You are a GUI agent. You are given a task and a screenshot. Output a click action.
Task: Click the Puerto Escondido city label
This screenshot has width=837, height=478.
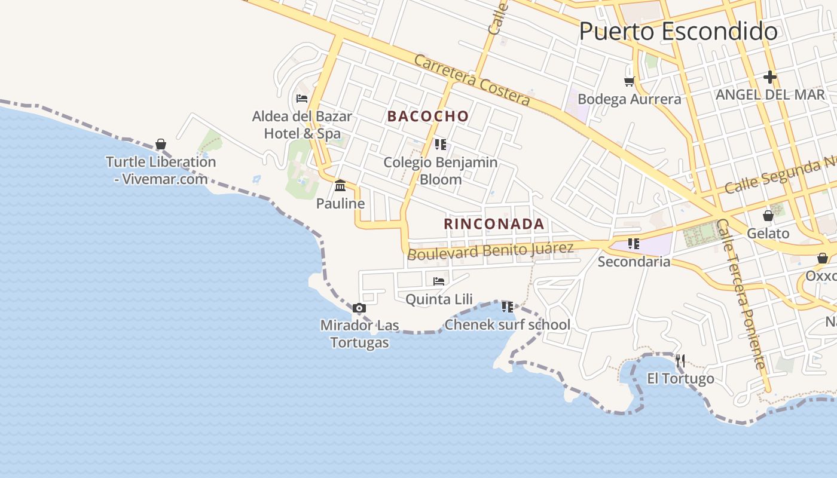pos(678,31)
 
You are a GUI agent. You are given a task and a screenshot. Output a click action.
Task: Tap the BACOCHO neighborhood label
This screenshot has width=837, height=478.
pos(428,116)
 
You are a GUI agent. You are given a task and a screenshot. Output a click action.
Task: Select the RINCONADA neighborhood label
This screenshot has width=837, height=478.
pos(494,224)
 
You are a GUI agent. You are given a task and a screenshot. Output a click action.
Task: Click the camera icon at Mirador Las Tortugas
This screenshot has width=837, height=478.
pos(359,308)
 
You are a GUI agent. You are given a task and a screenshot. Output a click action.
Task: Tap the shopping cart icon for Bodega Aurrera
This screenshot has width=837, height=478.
pos(629,81)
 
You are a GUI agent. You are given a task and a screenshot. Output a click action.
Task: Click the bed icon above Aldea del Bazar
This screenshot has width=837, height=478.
pos(302,98)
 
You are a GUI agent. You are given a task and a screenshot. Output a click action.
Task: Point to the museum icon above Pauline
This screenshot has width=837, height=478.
pos(340,185)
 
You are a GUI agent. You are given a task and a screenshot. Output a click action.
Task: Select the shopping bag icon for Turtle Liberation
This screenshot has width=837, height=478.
pos(160,144)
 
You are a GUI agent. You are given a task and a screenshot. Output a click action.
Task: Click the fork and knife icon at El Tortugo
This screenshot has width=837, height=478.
pos(680,360)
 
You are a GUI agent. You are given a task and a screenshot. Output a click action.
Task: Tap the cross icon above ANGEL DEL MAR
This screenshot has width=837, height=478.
pos(770,76)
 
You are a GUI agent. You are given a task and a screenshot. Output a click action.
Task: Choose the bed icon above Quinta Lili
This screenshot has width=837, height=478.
pos(439,281)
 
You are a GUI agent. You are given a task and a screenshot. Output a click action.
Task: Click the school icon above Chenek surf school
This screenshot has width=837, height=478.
pos(508,307)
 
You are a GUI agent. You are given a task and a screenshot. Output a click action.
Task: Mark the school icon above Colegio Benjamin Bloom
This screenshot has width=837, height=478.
pos(441,144)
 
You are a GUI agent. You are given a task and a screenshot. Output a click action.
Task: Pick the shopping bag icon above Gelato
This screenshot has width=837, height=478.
pos(768,216)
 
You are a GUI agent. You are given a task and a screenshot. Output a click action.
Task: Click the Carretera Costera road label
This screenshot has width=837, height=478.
pos(472,80)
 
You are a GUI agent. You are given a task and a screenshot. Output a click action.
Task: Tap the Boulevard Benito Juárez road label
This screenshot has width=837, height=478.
pos(490,250)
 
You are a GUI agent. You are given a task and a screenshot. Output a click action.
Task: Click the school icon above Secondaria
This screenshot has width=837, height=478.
pos(634,244)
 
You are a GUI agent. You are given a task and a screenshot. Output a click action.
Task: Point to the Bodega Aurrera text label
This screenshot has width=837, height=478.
pos(630,99)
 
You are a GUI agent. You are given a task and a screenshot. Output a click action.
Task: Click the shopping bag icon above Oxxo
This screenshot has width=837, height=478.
pos(823,258)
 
